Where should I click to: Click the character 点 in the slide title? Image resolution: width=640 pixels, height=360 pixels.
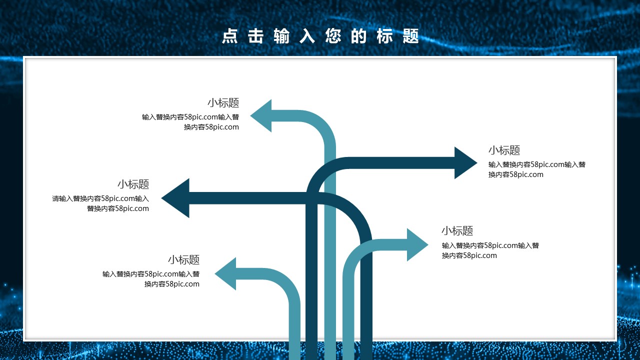click(230, 36)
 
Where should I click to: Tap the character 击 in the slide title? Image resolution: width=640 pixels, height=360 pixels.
click(256, 36)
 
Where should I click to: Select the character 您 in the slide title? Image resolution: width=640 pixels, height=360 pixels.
click(333, 36)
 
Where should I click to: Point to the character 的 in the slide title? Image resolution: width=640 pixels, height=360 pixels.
click(359, 36)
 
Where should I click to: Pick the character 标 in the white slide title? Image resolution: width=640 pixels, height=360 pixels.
click(385, 36)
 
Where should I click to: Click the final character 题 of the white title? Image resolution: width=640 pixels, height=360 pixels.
click(411, 36)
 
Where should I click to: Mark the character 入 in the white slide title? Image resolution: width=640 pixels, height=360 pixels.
click(307, 36)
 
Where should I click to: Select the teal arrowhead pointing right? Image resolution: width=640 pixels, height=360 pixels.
click(417, 244)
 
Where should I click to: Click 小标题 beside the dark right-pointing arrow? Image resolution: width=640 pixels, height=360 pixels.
click(504, 150)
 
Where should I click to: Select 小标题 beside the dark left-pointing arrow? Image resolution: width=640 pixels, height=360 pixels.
click(133, 184)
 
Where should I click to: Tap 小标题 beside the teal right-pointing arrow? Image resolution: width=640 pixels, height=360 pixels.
click(457, 230)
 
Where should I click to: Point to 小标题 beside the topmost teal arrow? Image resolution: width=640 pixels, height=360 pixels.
click(223, 102)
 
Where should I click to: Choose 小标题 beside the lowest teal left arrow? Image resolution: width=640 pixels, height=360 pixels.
click(183, 259)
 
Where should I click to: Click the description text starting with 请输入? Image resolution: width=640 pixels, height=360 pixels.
click(100, 203)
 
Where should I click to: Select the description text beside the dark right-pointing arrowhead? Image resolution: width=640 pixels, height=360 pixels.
click(536, 169)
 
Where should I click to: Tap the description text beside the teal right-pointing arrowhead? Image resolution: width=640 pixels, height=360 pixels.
click(490, 250)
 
